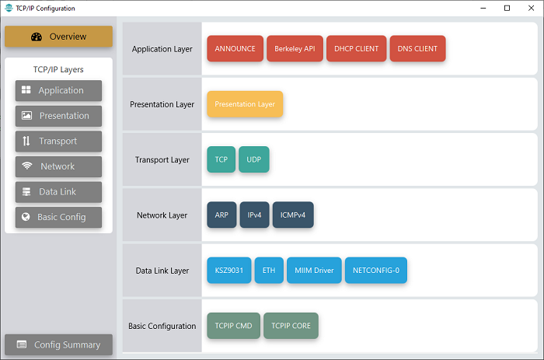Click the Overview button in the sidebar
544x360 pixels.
(58, 37)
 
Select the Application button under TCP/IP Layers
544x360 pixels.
(58, 91)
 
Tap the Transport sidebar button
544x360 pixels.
(58, 142)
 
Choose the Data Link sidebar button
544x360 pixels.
(58, 192)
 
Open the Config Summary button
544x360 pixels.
(58, 344)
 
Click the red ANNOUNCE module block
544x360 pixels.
(235, 49)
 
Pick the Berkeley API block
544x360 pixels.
(295, 49)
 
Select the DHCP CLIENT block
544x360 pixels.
(356, 49)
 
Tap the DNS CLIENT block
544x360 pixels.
(418, 49)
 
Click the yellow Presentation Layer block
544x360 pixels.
(245, 104)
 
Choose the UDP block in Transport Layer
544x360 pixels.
(254, 159)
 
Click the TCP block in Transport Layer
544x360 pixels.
(221, 159)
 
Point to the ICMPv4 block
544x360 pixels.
(293, 215)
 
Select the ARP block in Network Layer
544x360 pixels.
(221, 215)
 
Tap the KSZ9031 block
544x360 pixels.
(229, 271)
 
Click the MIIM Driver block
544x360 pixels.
(314, 271)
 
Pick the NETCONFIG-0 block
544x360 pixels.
(376, 271)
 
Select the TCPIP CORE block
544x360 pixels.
(291, 326)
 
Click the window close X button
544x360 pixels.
(531, 8)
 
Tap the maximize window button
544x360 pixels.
(507, 8)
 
